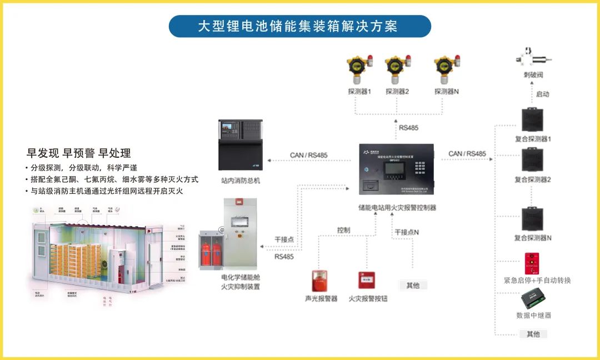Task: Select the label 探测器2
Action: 397,91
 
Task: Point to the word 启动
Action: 542,94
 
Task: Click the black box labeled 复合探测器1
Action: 532,120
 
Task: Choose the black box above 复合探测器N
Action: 532,219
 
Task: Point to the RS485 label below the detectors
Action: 408,128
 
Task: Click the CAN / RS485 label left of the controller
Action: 309,155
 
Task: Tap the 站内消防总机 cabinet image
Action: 239,145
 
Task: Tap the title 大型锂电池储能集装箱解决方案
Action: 300,26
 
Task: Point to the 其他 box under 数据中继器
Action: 533,334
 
